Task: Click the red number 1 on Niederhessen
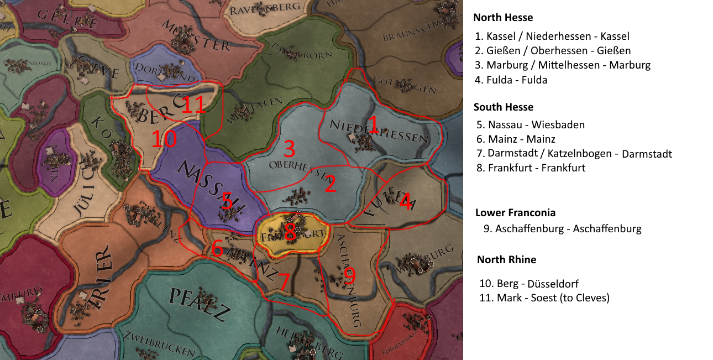(373, 124)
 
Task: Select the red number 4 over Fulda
(405, 202)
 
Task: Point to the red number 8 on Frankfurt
(290, 232)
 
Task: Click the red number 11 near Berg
(194, 105)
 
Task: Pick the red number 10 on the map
(164, 139)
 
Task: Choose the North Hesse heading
(503, 18)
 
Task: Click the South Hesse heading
(504, 107)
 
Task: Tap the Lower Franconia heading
(515, 213)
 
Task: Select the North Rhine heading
(506, 260)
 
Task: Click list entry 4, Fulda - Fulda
(511, 80)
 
